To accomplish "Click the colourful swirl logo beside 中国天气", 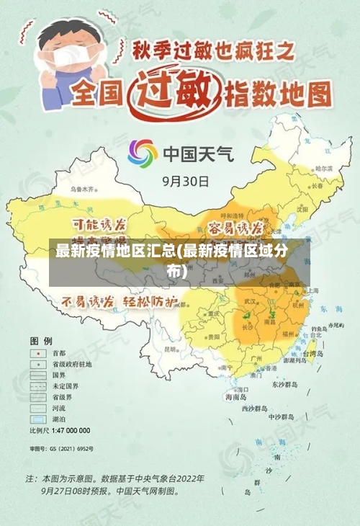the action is pyautogui.click(x=142, y=153).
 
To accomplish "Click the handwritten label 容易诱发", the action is pyautogui.click(x=235, y=228).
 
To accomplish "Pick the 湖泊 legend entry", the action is pyautogui.click(x=59, y=419).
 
